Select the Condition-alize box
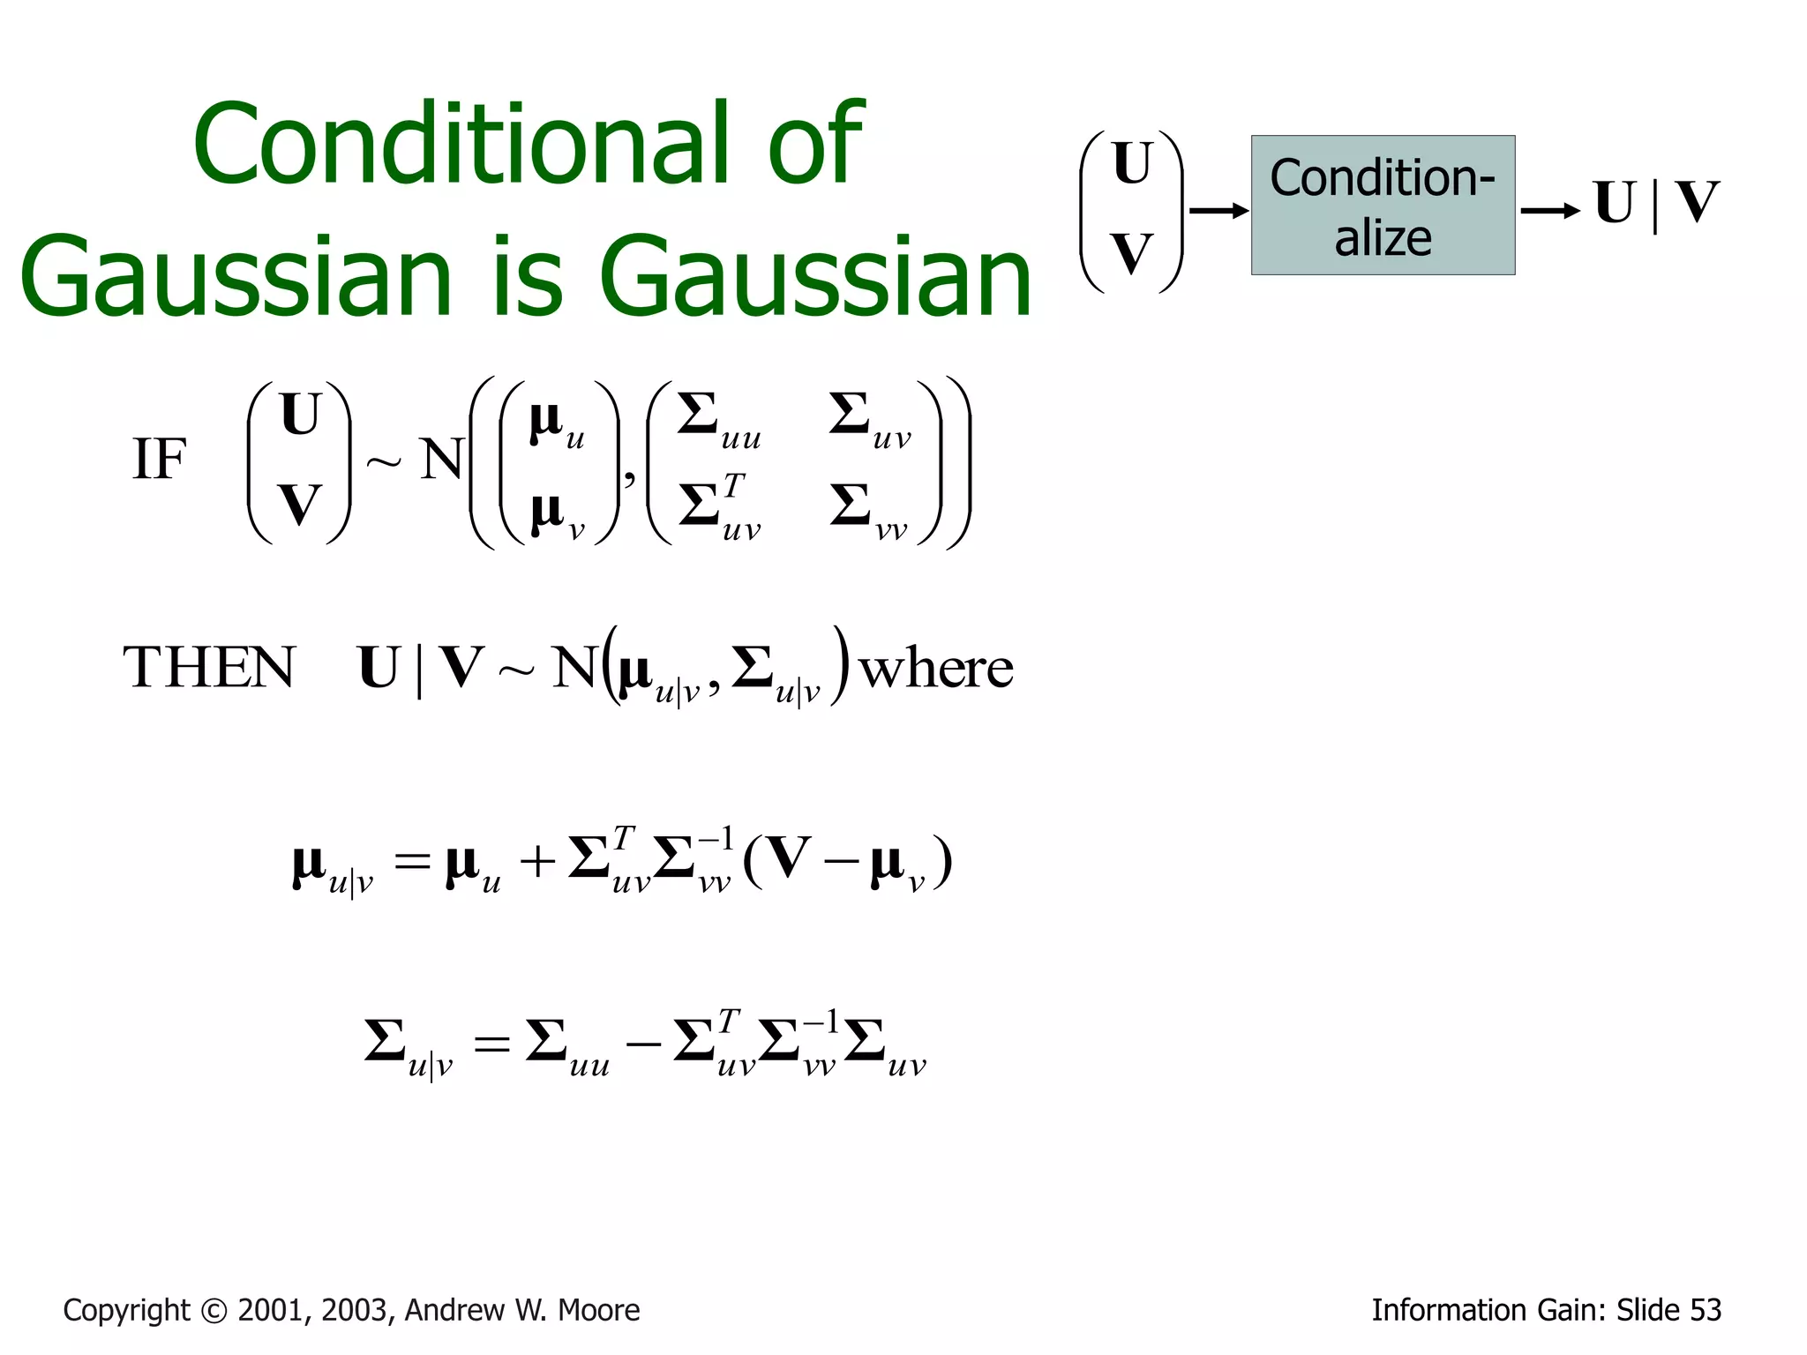click(x=1382, y=206)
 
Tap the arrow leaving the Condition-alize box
click(x=1549, y=210)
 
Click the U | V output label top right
click(x=1655, y=204)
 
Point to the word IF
click(x=159, y=460)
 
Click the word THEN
click(x=209, y=668)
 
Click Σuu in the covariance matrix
click(x=717, y=420)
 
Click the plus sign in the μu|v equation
click(x=536, y=862)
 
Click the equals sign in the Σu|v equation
click(x=491, y=1046)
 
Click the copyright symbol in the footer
click(x=213, y=1311)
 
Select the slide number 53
click(x=1705, y=1311)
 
